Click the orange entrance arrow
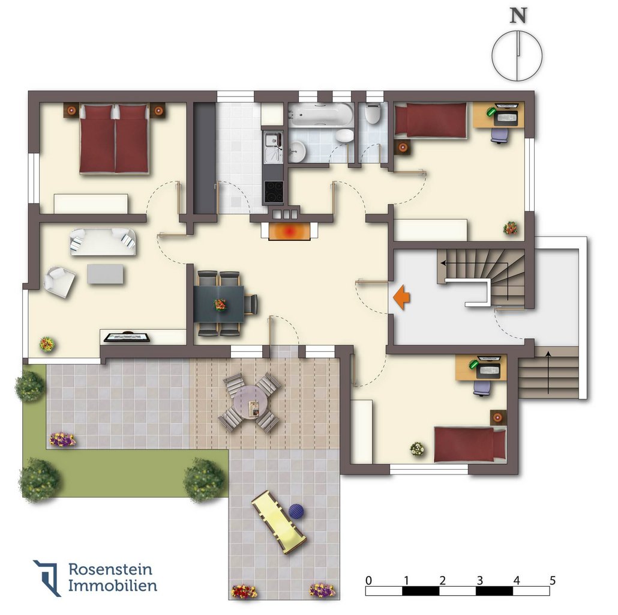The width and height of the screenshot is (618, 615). click(401, 297)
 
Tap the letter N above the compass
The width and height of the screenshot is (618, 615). click(518, 16)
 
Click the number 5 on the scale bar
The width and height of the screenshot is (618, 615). click(553, 580)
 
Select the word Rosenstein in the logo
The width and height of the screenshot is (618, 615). click(110, 569)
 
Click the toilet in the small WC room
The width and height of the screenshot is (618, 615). click(373, 113)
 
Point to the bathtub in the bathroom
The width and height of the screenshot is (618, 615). click(321, 114)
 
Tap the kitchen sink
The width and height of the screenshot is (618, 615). click(273, 147)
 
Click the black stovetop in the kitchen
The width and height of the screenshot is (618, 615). click(274, 192)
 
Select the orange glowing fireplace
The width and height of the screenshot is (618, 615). click(289, 231)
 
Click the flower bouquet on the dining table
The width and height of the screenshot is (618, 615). click(220, 304)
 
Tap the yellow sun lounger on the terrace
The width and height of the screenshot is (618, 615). click(278, 521)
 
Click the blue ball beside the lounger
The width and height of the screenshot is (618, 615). click(296, 512)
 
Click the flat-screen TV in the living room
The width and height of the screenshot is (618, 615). click(127, 337)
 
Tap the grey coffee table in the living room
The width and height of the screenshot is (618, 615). click(105, 274)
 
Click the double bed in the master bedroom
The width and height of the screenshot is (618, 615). click(114, 139)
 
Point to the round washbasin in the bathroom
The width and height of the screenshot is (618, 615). click(296, 151)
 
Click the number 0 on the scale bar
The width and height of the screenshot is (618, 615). click(368, 580)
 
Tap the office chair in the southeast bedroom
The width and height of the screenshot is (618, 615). click(482, 388)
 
